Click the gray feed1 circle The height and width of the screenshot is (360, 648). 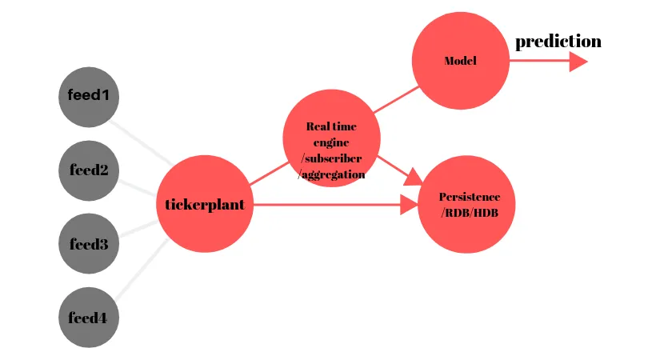point(89,97)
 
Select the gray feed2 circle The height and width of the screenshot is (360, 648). point(89,170)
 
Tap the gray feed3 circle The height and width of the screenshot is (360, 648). point(89,244)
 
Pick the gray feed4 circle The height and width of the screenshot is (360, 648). point(89,318)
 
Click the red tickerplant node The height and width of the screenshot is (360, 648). point(204,204)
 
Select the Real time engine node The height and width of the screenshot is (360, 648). point(331,138)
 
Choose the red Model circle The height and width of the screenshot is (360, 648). point(460,62)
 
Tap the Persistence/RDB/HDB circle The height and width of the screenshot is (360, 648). point(466,204)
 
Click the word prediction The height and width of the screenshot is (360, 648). point(558,42)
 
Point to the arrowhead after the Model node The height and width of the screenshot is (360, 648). point(578,62)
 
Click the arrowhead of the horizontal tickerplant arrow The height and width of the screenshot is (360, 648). point(409,205)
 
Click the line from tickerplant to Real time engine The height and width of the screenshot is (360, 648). point(268,174)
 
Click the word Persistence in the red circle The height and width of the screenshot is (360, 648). point(470,197)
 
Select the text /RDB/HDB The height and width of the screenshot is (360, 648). point(468,212)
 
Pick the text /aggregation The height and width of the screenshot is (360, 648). point(331,174)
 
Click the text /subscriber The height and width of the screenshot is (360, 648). point(331,158)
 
